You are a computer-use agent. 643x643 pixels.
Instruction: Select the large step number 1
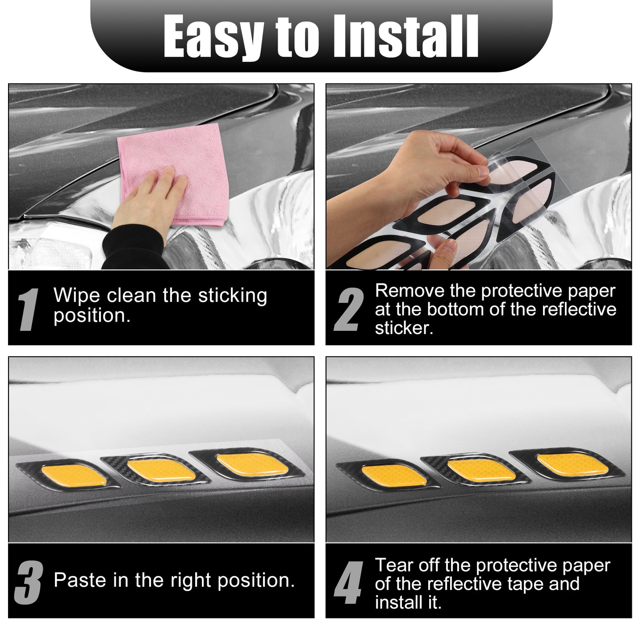click(x=29, y=309)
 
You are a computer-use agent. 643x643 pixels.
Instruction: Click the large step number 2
click(x=349, y=309)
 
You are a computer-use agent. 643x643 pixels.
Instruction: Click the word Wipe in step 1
click(x=76, y=296)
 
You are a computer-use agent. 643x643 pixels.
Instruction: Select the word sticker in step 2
click(x=404, y=328)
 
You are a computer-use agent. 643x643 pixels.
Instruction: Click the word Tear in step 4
click(x=394, y=565)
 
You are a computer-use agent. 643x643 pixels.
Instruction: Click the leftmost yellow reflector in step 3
click(x=74, y=476)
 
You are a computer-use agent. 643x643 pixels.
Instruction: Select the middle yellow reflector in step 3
click(x=162, y=470)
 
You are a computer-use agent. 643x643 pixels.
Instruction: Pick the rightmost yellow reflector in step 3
click(x=253, y=464)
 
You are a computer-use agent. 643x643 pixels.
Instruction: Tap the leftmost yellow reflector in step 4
click(x=394, y=476)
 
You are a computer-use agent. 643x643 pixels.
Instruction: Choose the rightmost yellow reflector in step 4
click(x=573, y=464)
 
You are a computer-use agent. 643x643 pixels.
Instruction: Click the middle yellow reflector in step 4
click(x=482, y=470)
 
